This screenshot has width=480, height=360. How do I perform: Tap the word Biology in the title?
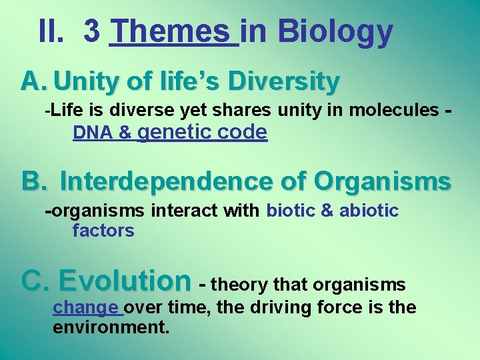tap(335, 31)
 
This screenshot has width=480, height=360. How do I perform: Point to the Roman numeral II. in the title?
tap(54, 31)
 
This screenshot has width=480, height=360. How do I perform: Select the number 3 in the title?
tap(92, 31)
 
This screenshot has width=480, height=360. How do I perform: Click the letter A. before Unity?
tap(33, 81)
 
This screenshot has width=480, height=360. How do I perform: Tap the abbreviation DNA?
tap(93, 133)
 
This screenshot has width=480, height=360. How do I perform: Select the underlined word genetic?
tap(175, 133)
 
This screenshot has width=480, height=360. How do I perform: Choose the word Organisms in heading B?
tap(382, 181)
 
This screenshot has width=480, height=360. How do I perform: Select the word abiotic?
tap(369, 211)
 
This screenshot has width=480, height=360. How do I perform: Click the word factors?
tap(103, 231)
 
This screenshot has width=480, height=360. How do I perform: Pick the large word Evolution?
tap(125, 281)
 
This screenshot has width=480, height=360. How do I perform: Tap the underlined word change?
tap(86, 307)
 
